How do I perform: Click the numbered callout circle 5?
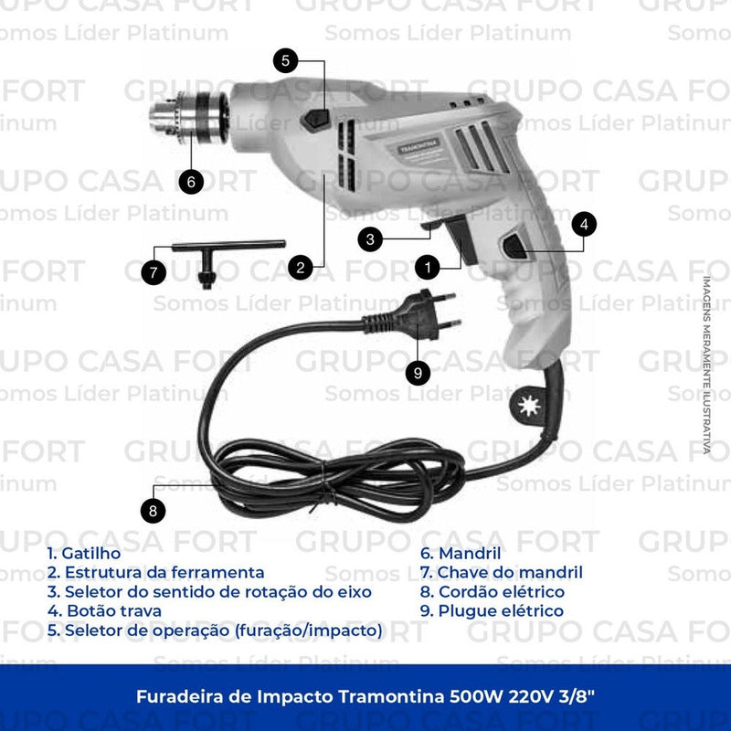[x=286, y=61]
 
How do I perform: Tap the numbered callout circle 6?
[x=190, y=180]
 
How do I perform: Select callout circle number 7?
[x=154, y=271]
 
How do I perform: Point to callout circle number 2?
[x=301, y=268]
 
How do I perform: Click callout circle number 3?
[x=369, y=239]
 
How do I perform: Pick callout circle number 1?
[x=426, y=267]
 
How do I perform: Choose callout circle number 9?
[x=418, y=371]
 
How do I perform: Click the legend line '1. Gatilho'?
[x=83, y=553]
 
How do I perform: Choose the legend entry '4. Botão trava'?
[x=104, y=610]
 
